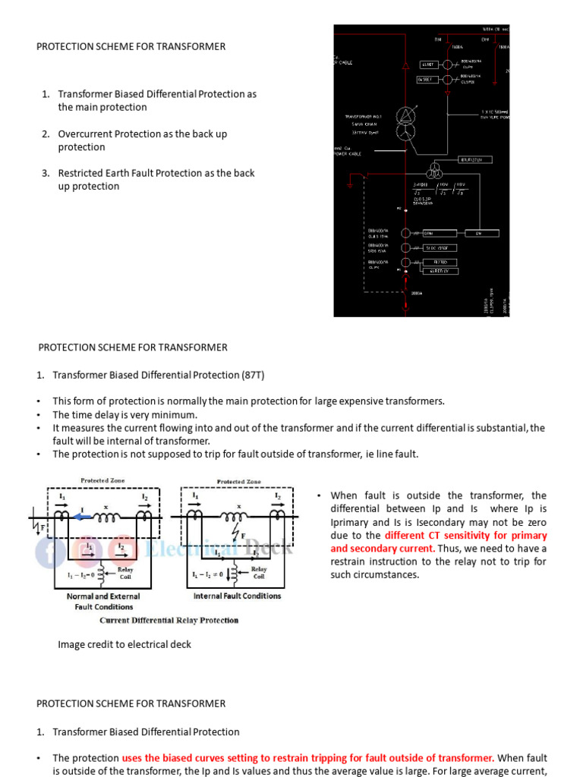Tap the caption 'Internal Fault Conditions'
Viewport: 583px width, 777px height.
click(237, 596)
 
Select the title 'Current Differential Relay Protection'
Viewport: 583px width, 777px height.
click(169, 620)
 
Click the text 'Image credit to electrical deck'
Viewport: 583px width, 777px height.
click(124, 644)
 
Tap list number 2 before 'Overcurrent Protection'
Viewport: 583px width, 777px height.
click(46, 134)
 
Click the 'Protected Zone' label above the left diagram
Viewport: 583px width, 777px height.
click(103, 480)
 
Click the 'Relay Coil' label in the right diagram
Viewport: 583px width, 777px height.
click(259, 574)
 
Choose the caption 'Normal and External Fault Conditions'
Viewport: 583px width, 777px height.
click(103, 601)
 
